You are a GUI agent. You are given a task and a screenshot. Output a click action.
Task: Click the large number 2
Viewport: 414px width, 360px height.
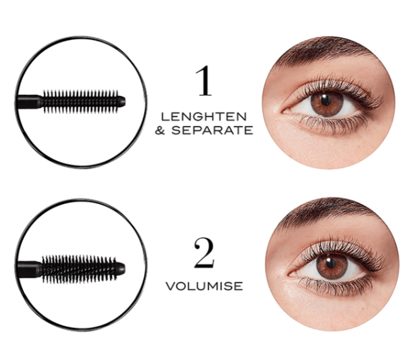tap(204, 253)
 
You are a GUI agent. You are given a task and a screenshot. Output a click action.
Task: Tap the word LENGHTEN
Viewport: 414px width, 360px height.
tap(204, 117)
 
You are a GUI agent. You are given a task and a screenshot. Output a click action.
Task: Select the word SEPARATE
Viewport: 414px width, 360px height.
tap(212, 130)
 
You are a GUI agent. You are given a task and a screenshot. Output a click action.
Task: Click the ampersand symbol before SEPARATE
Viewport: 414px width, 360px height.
tap(160, 130)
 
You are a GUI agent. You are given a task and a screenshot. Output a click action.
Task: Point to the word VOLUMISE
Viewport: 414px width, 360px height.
tap(204, 286)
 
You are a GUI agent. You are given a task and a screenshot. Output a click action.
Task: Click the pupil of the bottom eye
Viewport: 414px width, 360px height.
tap(331, 263)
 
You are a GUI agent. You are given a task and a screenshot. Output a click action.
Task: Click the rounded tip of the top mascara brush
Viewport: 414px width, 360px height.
tap(122, 102)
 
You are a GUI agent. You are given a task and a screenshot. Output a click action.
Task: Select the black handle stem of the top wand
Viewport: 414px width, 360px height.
tap(29, 102)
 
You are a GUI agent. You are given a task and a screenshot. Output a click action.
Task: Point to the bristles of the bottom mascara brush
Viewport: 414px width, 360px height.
tap(79, 269)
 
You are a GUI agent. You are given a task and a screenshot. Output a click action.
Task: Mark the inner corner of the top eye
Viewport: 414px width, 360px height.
tap(283, 111)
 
